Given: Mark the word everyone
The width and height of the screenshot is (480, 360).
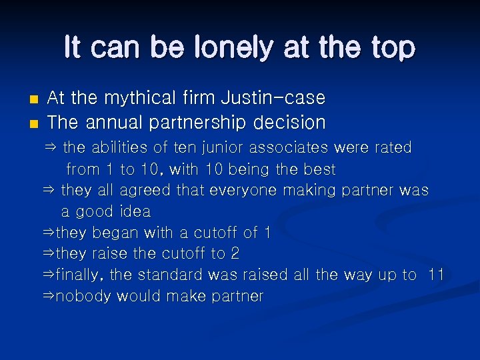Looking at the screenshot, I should tap(242, 190).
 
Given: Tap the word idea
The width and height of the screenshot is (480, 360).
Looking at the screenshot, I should tap(135, 211).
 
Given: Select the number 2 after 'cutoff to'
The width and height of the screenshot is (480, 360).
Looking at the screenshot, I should tap(234, 253).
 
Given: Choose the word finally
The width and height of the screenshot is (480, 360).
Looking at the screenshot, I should tap(79, 275).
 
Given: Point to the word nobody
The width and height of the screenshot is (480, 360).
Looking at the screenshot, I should tap(83, 296).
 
